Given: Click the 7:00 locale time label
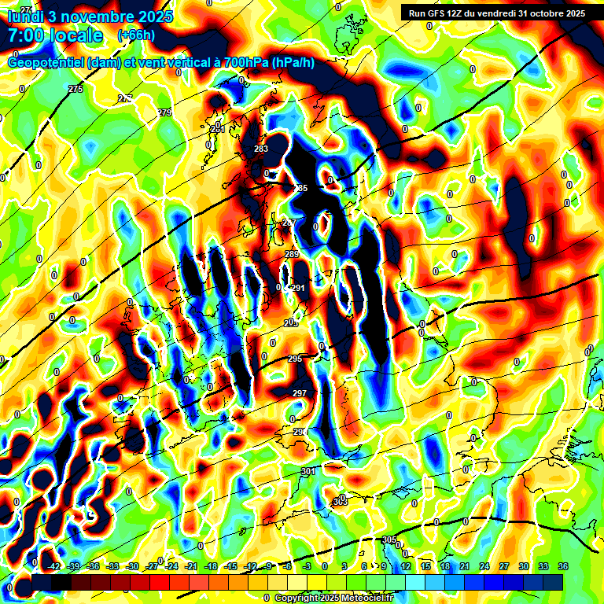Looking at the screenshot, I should [55, 35].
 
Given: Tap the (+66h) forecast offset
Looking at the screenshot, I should [136, 35].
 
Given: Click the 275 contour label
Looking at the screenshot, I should [75, 90].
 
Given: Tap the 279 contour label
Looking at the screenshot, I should [164, 113].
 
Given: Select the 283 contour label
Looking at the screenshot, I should [261, 149].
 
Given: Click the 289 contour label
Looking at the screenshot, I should [292, 254].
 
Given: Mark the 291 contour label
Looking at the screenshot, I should [298, 289].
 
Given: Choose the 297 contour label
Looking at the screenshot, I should [300, 393].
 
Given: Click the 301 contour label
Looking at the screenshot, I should [308, 471].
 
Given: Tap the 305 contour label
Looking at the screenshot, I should [389, 540].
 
